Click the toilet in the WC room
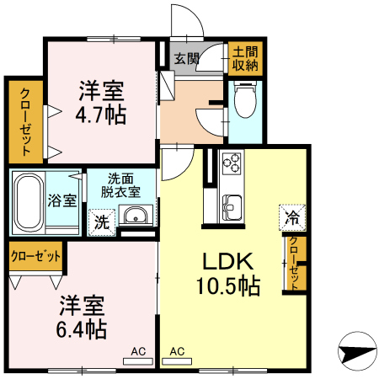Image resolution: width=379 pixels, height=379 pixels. click(x=245, y=99)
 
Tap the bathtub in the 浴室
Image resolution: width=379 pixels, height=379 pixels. click(x=29, y=201)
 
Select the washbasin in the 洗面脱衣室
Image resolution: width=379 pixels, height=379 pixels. click(x=136, y=216)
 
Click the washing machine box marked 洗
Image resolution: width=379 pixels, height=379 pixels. click(x=102, y=222)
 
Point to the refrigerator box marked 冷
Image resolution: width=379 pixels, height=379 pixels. click(x=292, y=218)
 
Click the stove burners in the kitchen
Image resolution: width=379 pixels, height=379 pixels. click(x=232, y=163)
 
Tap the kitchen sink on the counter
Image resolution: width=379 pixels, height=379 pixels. click(x=232, y=208)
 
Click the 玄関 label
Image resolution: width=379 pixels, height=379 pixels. click(x=186, y=59)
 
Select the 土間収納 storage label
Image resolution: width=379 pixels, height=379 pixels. click(x=245, y=59)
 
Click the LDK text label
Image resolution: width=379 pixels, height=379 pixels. click(x=228, y=261)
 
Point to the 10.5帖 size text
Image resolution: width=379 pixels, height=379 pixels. click(x=228, y=286)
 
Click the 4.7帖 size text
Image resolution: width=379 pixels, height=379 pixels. click(x=101, y=115)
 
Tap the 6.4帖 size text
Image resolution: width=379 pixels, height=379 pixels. click(x=82, y=329)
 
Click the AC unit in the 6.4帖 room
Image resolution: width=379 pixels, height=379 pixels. click(x=138, y=361)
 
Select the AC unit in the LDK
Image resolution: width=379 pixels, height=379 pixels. click(x=177, y=361)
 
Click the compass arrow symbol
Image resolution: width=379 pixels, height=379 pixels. click(x=357, y=351)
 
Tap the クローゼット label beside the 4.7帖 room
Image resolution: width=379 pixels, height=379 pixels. click(x=25, y=121)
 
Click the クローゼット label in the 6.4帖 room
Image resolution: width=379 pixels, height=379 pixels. click(x=35, y=256)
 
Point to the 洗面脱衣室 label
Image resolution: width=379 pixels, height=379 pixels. click(x=120, y=185)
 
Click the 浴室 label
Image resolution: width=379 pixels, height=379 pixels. click(x=62, y=200)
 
